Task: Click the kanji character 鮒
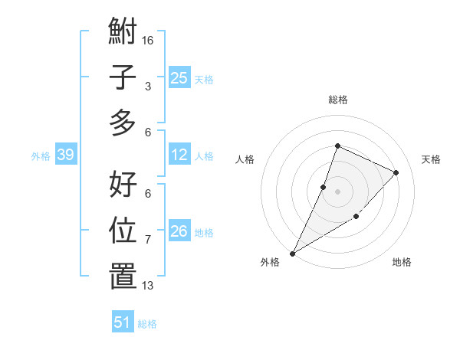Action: (x=123, y=33)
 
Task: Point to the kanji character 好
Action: (x=123, y=185)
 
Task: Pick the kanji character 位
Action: (x=123, y=231)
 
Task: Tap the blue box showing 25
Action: (x=179, y=77)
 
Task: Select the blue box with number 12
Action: (x=179, y=155)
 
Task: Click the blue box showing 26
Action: (x=179, y=231)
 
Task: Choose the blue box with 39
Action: (x=65, y=155)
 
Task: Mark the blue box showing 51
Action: (x=123, y=322)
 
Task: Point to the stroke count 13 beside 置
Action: (x=148, y=286)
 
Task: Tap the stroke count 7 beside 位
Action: (x=148, y=240)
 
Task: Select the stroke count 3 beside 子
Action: (x=148, y=86)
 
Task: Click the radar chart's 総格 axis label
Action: (x=337, y=100)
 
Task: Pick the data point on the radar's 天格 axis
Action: (x=396, y=172)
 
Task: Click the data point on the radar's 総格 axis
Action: (x=337, y=146)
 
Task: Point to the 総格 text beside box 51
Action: (x=147, y=324)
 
